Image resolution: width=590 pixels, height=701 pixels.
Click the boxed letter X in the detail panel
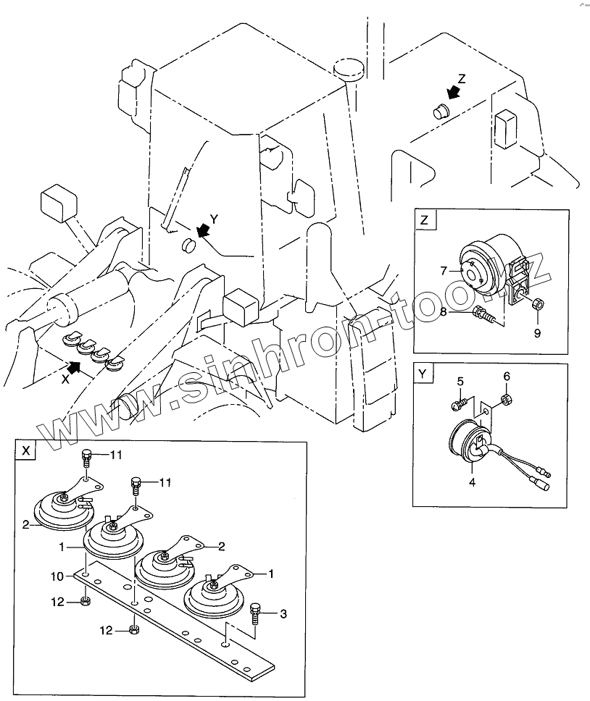[x=26, y=450]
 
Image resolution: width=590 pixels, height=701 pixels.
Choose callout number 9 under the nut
[x=538, y=332]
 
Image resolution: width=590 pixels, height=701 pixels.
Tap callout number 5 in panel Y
[x=460, y=381]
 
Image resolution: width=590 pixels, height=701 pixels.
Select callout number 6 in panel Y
[x=507, y=376]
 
